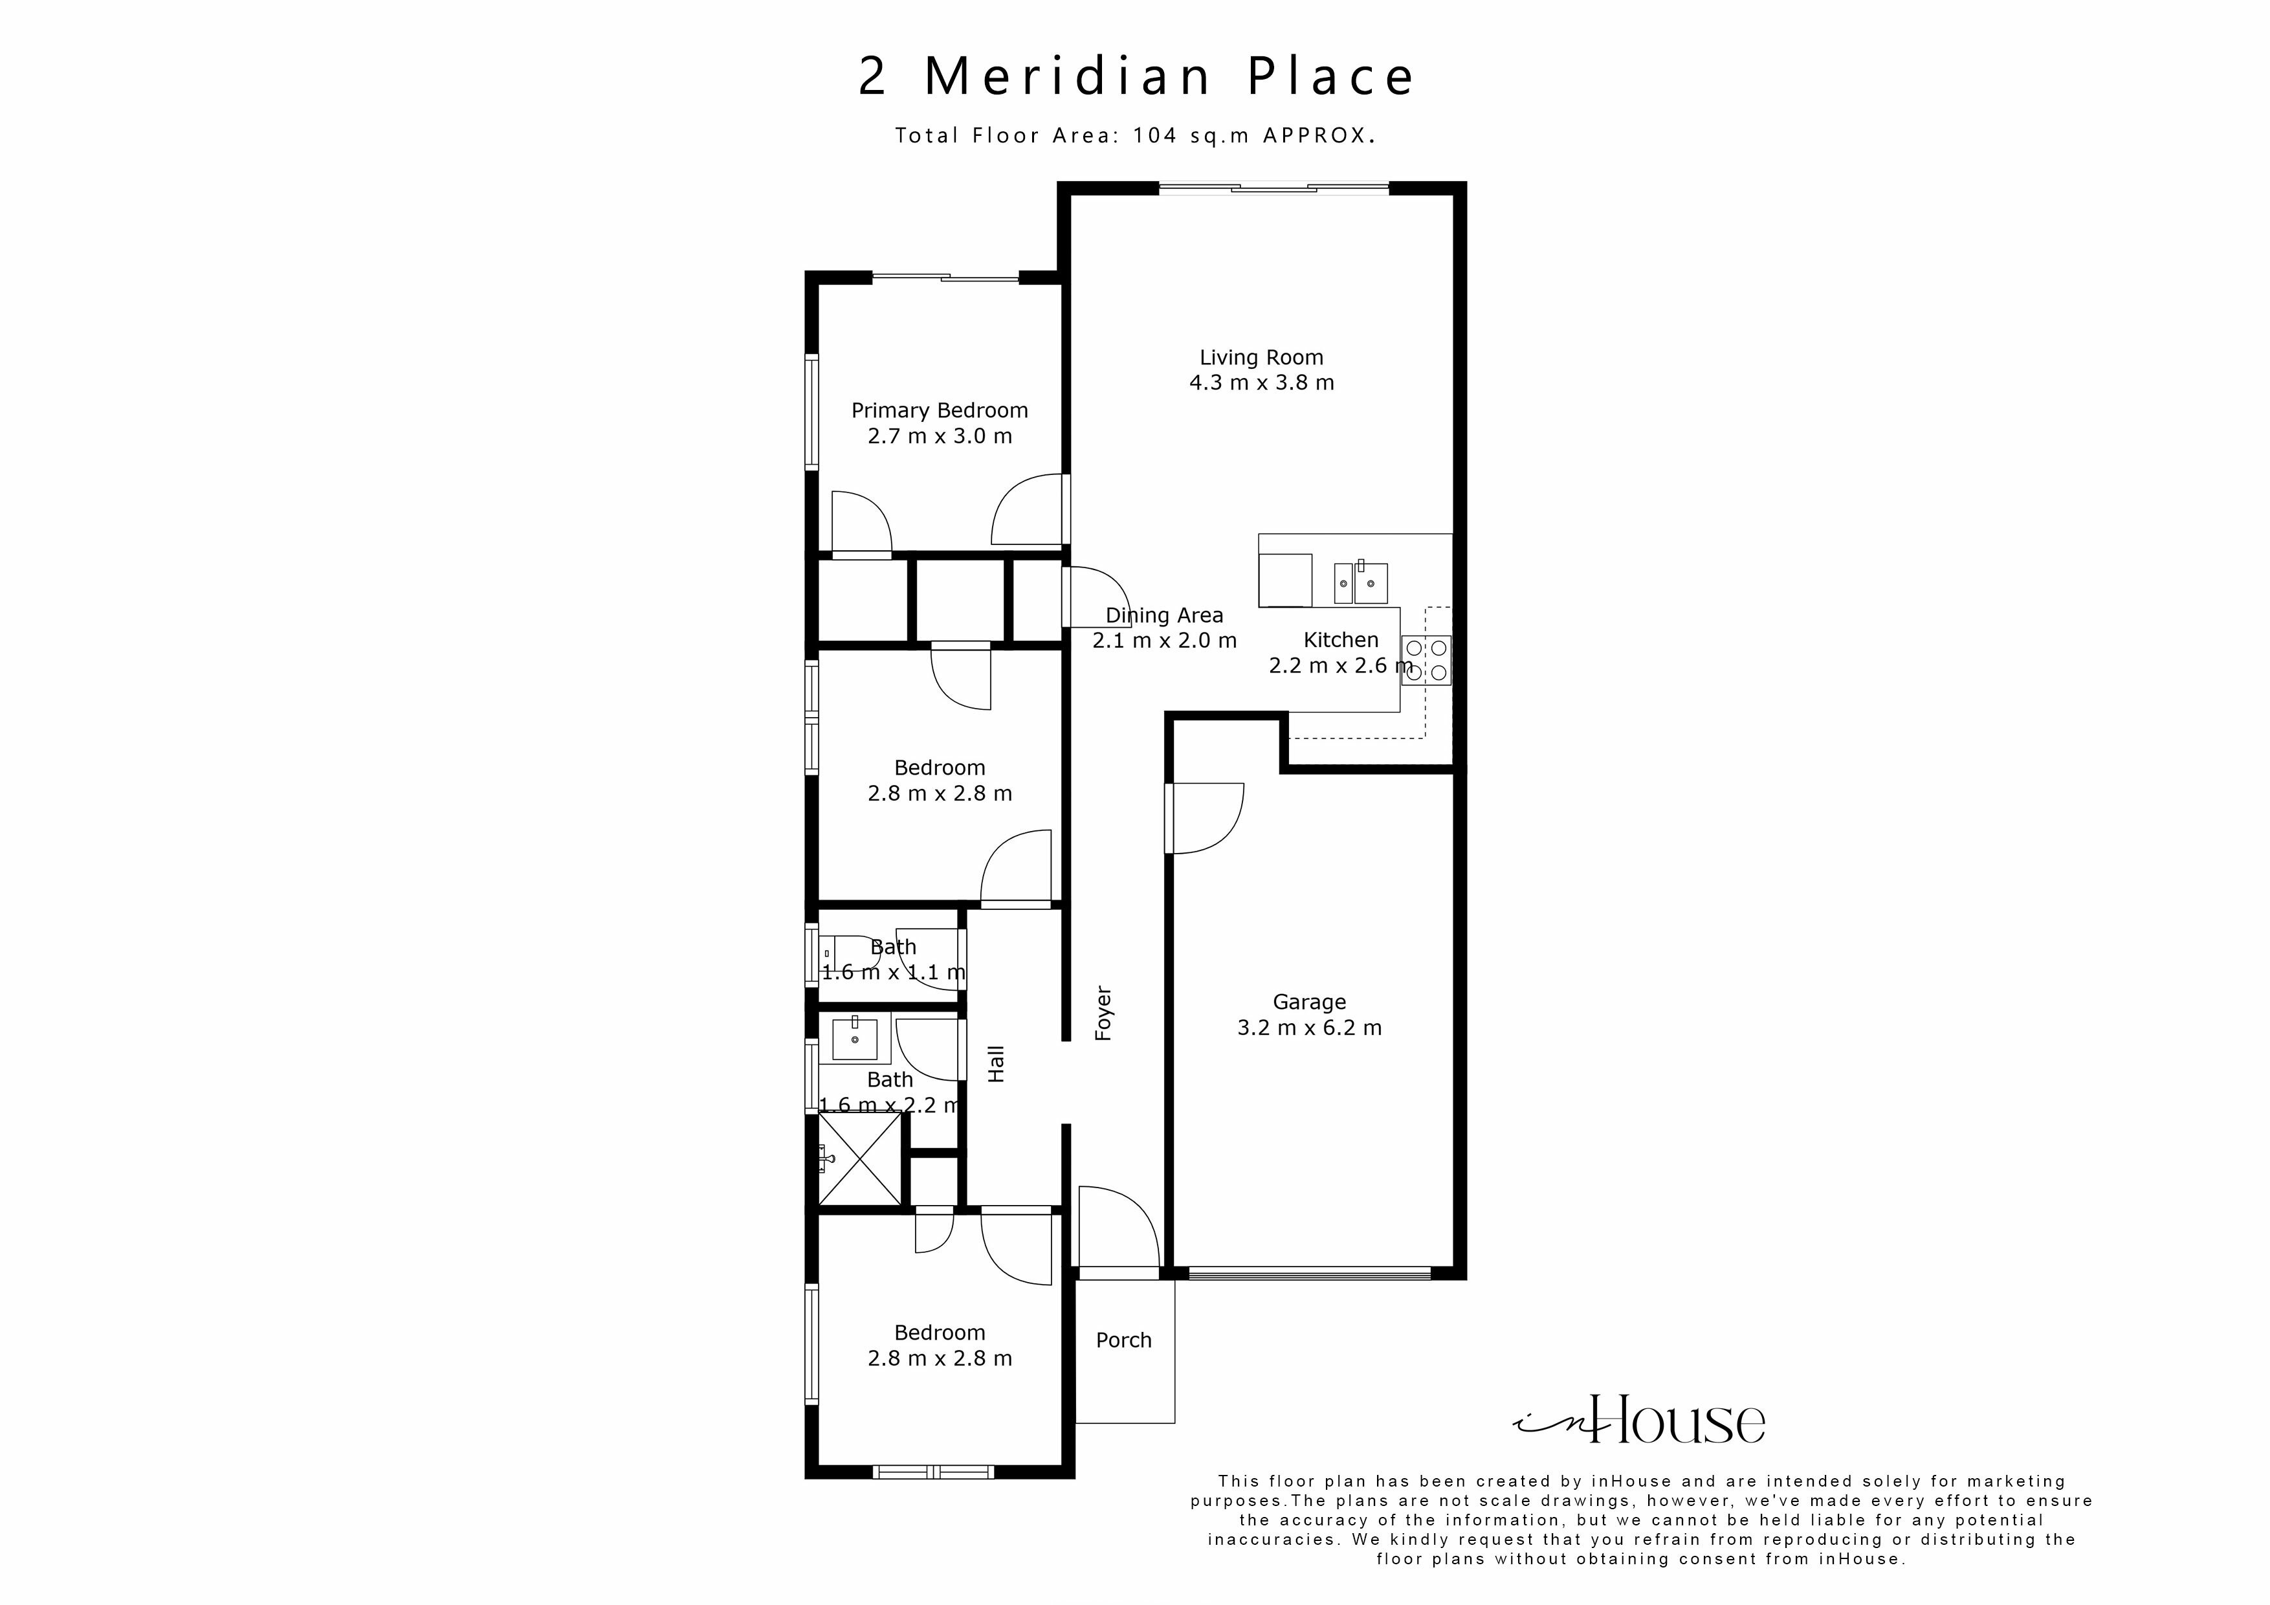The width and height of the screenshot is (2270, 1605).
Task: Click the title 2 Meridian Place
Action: pos(1136,77)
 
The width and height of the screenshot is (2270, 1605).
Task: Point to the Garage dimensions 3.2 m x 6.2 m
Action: pos(1309,1028)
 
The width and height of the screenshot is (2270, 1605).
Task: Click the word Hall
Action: pos(997,1064)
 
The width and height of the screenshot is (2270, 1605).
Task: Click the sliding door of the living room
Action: pos(1273,188)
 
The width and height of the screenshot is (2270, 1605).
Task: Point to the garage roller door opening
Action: pos(1309,1274)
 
